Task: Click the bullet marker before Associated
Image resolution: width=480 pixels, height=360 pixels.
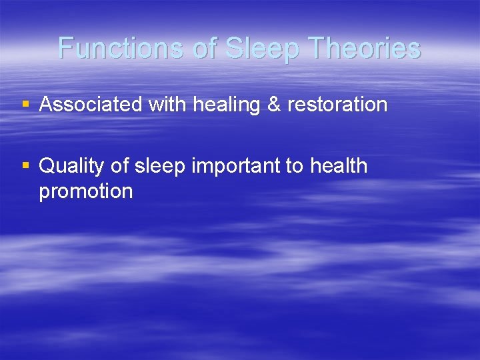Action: (x=26, y=105)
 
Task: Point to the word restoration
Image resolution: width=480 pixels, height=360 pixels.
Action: (x=337, y=105)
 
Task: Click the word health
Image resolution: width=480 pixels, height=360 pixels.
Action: (x=339, y=166)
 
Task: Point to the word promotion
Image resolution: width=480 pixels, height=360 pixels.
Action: (x=86, y=192)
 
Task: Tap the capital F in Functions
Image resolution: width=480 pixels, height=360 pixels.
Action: (x=65, y=49)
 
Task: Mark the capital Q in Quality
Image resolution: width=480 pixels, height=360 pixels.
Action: (x=47, y=166)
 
